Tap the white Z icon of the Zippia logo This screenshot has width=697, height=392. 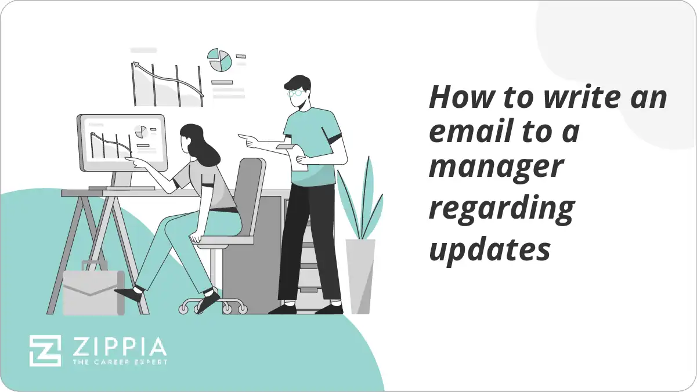[45, 350]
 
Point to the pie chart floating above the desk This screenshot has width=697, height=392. [220, 60]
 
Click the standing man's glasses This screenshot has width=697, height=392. [295, 92]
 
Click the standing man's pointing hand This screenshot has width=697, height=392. [246, 139]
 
